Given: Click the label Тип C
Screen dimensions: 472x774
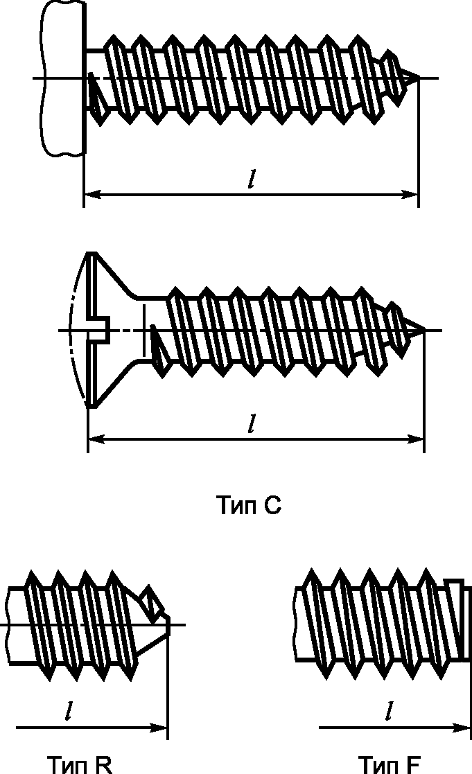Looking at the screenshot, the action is click(x=249, y=505).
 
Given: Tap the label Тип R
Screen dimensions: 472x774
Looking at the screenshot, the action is click(x=80, y=764).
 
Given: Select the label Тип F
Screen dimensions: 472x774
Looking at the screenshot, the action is click(x=389, y=764).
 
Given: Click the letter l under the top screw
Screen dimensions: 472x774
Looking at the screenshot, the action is click(x=252, y=179).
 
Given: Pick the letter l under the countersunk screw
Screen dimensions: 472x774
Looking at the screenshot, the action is click(x=252, y=423).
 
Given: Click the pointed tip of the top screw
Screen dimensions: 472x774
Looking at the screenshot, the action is click(x=419, y=78).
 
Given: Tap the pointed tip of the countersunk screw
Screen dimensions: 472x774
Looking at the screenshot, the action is click(x=423, y=330).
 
